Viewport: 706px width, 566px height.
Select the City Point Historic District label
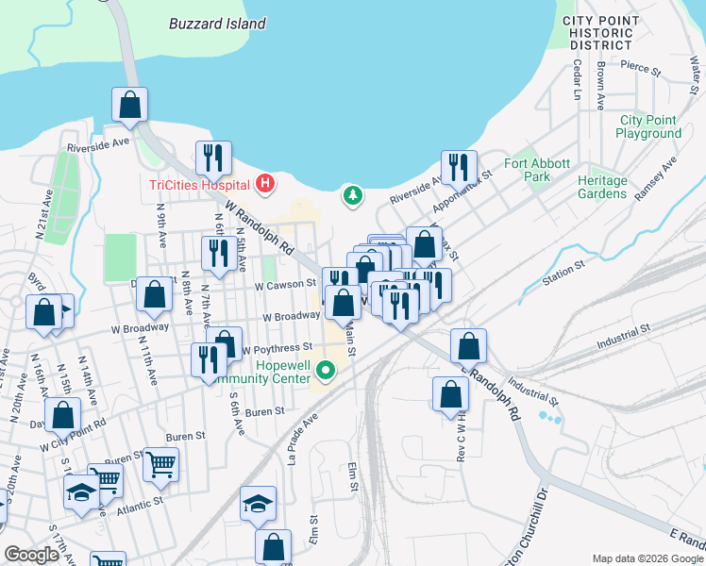coord(597,32)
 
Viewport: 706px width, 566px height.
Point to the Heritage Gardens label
coord(602,187)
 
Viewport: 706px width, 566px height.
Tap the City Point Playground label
coord(648,126)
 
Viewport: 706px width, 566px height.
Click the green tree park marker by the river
coord(352,195)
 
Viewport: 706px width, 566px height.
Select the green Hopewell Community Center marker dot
coord(326,370)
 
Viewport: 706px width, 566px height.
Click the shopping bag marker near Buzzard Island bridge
coord(129,105)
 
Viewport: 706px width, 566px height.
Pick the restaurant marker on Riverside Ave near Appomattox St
coord(459,166)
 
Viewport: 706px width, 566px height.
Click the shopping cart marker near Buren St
coord(161,464)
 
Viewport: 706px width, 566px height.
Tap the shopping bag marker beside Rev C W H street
coord(450,394)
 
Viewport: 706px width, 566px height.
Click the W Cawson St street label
coord(285,284)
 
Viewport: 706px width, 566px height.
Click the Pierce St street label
coord(641,68)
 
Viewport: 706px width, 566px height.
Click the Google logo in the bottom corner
coord(31,555)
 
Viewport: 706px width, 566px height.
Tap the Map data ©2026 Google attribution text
coord(647,558)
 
